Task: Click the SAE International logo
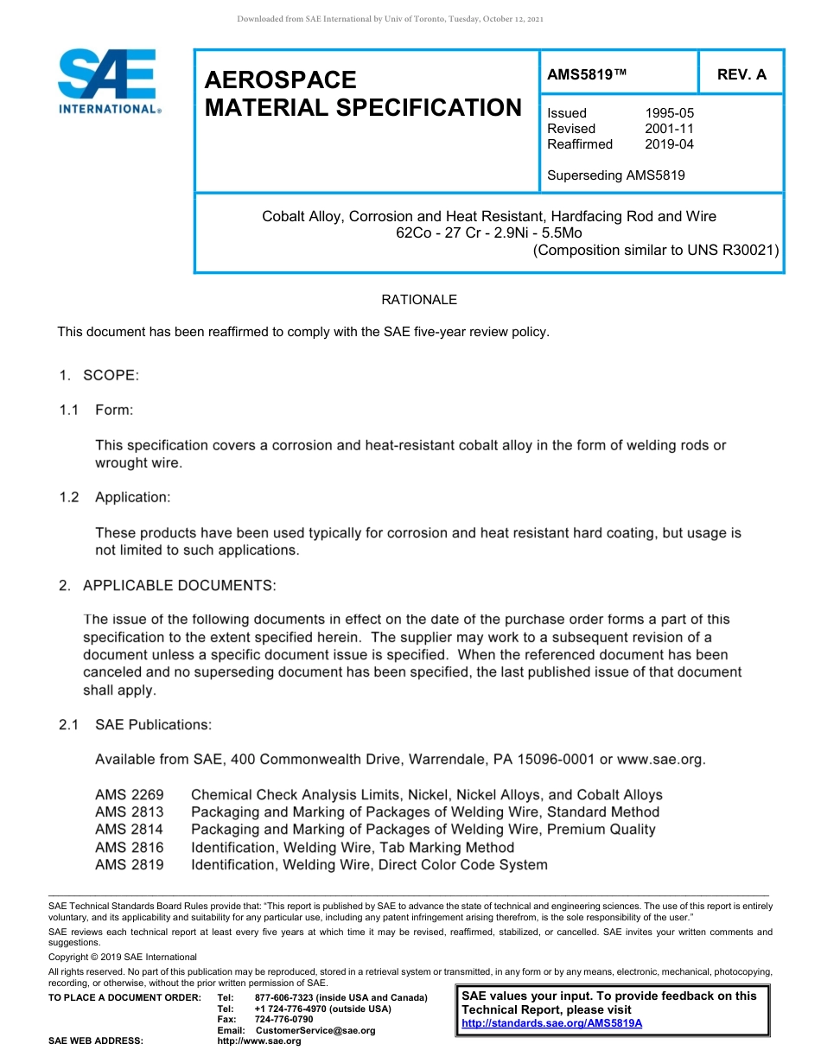106,81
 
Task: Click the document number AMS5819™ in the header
587,75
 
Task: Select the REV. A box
741,75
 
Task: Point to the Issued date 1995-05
669,113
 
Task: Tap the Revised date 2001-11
669,129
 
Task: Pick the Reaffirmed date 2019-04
669,144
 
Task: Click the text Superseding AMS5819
616,175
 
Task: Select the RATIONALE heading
419,300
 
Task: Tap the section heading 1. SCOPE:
99,375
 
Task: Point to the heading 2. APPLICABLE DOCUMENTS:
168,586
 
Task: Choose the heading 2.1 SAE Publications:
136,725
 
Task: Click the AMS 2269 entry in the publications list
129,795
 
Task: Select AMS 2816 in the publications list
129,847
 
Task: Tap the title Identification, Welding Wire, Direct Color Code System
369,864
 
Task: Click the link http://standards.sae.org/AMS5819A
551,1023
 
